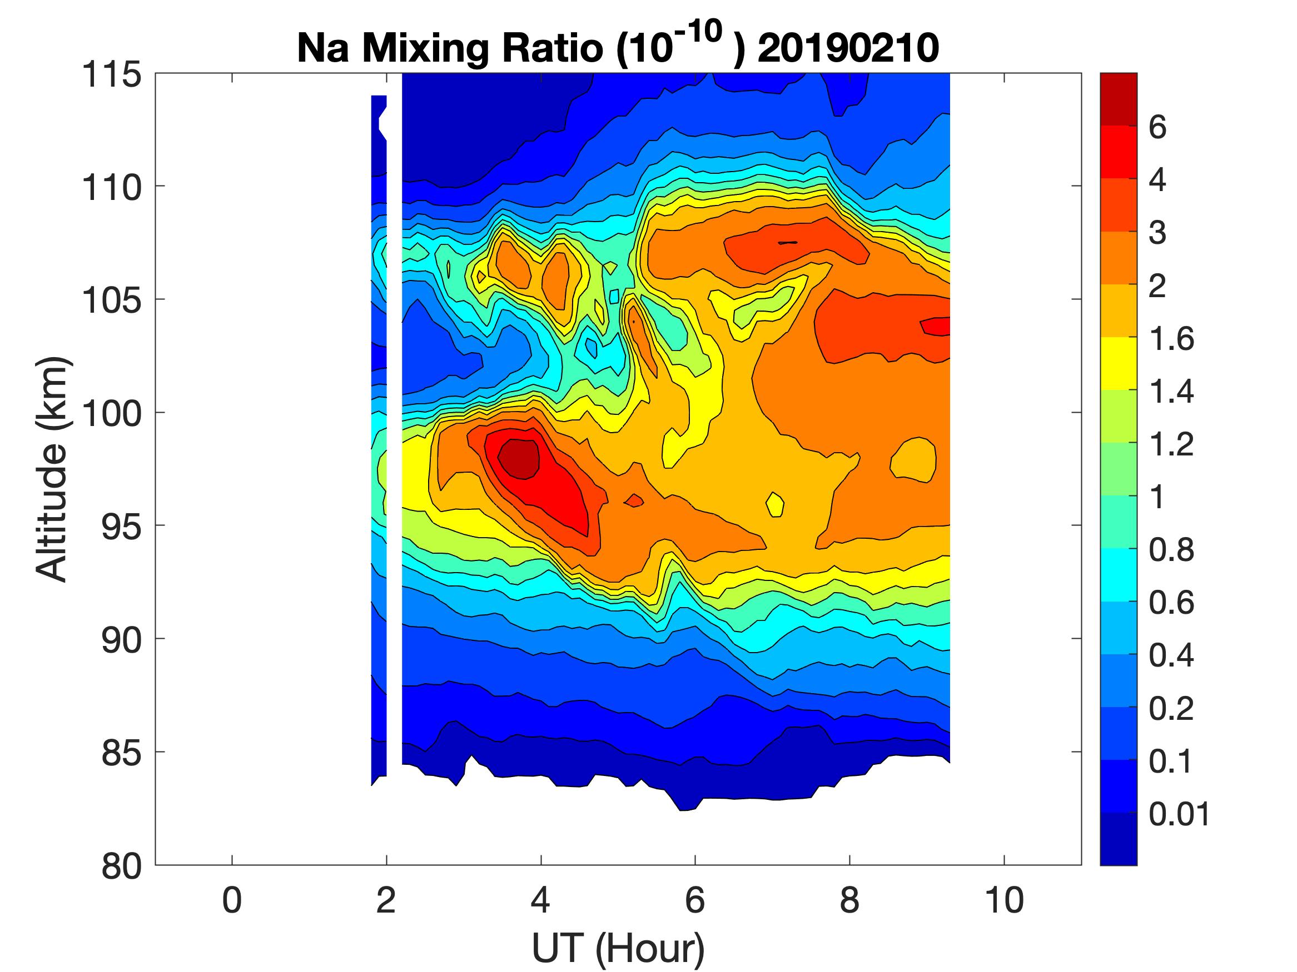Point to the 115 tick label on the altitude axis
111,75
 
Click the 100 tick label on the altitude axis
111,414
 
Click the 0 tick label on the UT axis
232,900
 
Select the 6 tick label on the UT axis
695,900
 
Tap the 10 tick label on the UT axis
1004,900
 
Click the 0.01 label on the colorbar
1179,814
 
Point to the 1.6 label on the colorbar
1171,339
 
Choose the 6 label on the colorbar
1157,128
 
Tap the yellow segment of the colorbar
1118,363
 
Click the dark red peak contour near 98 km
518,458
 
